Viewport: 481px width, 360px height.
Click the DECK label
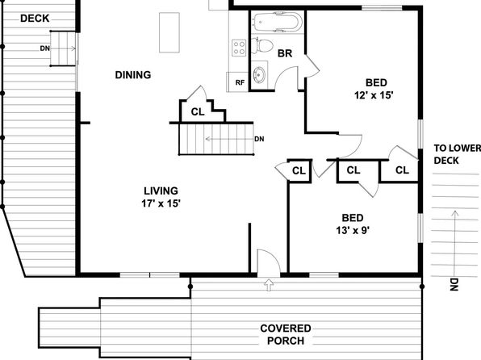pos(35,19)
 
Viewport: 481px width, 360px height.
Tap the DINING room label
pos(133,75)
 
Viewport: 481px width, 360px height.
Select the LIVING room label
pos(161,190)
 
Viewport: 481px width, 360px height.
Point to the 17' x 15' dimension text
pos(161,203)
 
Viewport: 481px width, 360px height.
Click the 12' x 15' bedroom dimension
pos(374,95)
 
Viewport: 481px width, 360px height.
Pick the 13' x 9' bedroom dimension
pos(353,230)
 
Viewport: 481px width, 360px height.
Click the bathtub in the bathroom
pos(278,22)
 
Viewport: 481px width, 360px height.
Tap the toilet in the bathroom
pos(262,45)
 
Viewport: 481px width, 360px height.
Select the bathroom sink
pos(260,74)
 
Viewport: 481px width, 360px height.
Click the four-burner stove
pos(239,48)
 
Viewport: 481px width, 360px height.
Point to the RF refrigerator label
pos(240,82)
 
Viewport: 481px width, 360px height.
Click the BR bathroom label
pos(285,53)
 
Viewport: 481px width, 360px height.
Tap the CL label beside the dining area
pos(198,112)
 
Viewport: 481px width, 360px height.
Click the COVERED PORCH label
pos(286,334)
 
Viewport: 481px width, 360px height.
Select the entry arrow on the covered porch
pos(269,285)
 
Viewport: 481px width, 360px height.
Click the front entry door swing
pos(269,261)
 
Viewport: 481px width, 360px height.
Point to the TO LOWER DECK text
pos(457,154)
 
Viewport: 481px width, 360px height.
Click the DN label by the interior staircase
pos(259,139)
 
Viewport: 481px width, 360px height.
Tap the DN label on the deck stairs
pos(44,48)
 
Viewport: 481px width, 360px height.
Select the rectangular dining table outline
pos(169,32)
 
